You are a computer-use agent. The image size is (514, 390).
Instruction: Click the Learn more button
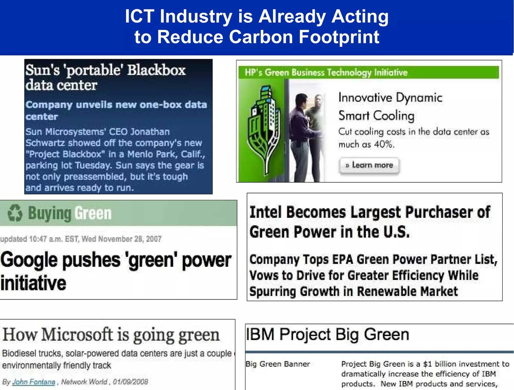(369, 165)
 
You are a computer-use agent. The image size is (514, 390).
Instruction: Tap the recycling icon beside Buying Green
(15, 213)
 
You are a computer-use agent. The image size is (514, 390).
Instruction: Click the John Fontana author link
(34, 382)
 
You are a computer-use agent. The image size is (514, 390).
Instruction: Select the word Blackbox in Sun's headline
(156, 70)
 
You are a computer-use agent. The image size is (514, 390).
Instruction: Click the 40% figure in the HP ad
(383, 144)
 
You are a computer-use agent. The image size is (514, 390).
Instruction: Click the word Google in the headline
(29, 260)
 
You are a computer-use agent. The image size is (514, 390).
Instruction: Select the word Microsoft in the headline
(77, 335)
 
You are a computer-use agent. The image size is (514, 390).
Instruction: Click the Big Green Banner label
(278, 364)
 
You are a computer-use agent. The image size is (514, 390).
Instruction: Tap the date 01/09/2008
(130, 382)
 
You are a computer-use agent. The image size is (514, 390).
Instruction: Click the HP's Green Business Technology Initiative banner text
(326, 73)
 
